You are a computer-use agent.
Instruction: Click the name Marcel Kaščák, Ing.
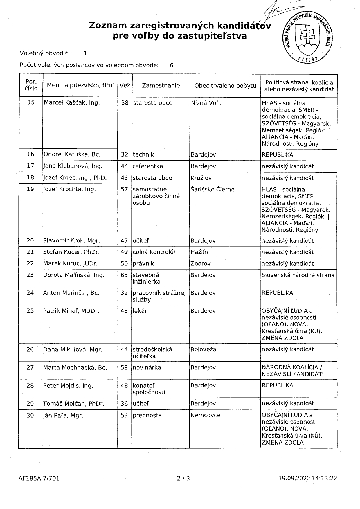71,102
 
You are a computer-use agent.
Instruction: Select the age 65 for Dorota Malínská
124,275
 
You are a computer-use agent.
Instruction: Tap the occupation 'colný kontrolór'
154,252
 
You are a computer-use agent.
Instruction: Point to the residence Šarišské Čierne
212,189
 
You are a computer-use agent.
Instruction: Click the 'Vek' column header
125,85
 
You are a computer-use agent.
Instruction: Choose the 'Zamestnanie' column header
161,85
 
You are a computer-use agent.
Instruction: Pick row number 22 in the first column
30,263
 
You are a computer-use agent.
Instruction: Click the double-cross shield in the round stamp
308,35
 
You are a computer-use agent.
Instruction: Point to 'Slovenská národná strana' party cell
298,275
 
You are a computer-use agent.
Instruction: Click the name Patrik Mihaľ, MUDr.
71,311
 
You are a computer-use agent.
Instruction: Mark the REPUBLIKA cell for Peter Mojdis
277,385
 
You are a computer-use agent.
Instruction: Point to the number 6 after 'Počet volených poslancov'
172,65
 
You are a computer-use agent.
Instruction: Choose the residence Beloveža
203,349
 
